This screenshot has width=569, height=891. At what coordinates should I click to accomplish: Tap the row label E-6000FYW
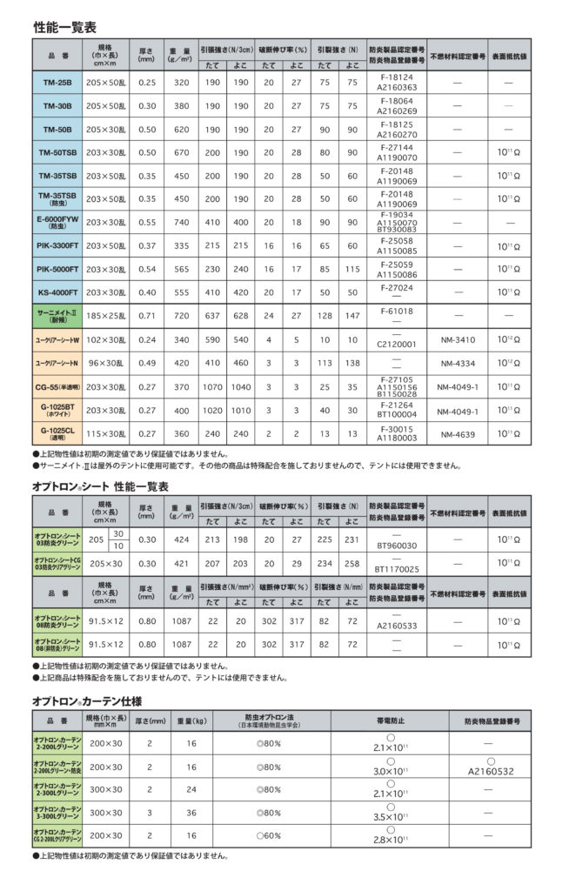(57, 223)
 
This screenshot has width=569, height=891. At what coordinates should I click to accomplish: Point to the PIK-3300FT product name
(57, 246)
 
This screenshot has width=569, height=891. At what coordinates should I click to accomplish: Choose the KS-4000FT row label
(57, 292)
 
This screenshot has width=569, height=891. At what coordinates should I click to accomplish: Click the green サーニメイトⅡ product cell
(57, 316)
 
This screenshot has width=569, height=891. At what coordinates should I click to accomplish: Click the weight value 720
(182, 316)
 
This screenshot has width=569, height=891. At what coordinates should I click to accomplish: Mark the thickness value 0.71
(145, 316)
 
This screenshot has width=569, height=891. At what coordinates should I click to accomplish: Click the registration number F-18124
(398, 77)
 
